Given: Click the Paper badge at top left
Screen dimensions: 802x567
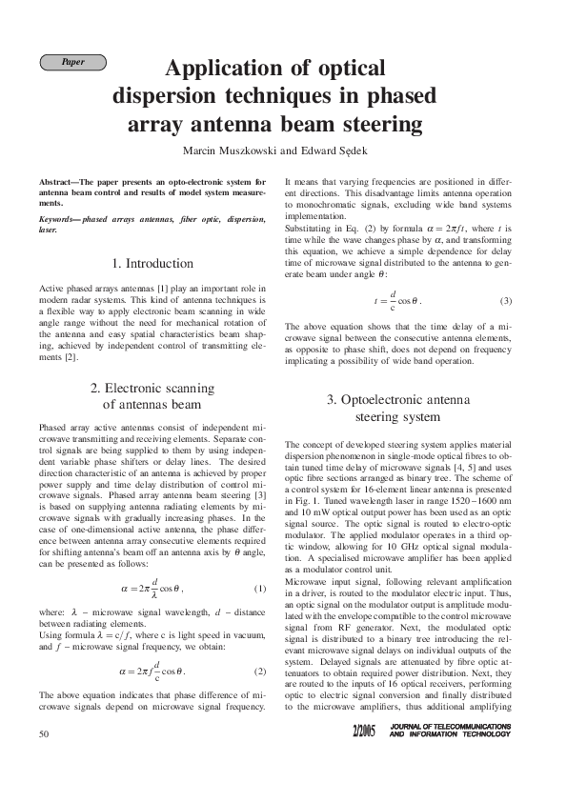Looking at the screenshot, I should point(72,62).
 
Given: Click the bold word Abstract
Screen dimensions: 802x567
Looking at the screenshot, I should point(58,181).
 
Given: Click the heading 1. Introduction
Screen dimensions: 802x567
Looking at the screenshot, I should point(154,263).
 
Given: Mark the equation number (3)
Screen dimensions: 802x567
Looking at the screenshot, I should point(506,301).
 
